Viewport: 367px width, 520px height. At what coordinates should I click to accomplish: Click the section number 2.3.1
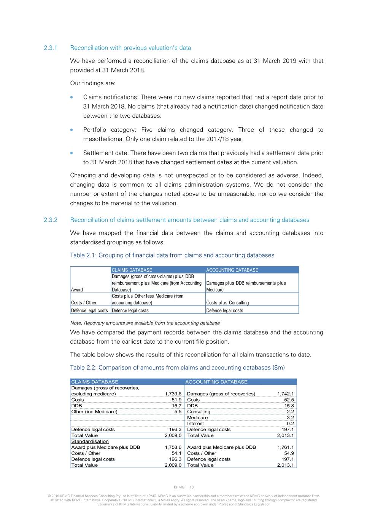[x=50, y=48]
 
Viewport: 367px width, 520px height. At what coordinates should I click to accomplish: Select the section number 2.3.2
[x=50, y=220]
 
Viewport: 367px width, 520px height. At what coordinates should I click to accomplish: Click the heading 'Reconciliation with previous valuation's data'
[x=130, y=48]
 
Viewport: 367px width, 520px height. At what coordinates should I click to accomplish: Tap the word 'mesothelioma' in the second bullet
[x=100, y=139]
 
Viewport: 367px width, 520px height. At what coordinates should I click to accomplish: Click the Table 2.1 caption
[x=172, y=255]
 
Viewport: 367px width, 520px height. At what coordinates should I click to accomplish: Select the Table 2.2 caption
[x=177, y=368]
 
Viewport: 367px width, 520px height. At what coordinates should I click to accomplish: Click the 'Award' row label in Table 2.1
[x=77, y=290]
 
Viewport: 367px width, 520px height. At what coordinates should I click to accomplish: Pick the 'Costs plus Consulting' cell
[x=227, y=303]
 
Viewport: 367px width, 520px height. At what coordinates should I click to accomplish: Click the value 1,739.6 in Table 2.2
[x=173, y=394]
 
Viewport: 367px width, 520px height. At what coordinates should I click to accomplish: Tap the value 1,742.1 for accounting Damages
[x=285, y=394]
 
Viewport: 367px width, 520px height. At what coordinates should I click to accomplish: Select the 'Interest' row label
[x=195, y=424]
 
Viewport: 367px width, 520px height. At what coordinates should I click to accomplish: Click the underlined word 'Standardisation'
[x=90, y=442]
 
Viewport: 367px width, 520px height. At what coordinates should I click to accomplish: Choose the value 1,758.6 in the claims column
[x=173, y=447]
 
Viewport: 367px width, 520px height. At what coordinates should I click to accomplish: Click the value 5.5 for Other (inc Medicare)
[x=178, y=412]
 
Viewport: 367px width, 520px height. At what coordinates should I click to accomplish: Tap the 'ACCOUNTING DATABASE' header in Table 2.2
[x=216, y=382]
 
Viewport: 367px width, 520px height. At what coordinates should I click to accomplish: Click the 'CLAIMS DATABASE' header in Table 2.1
[x=132, y=270]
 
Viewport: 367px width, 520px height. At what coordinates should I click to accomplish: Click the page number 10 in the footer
[x=192, y=487]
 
